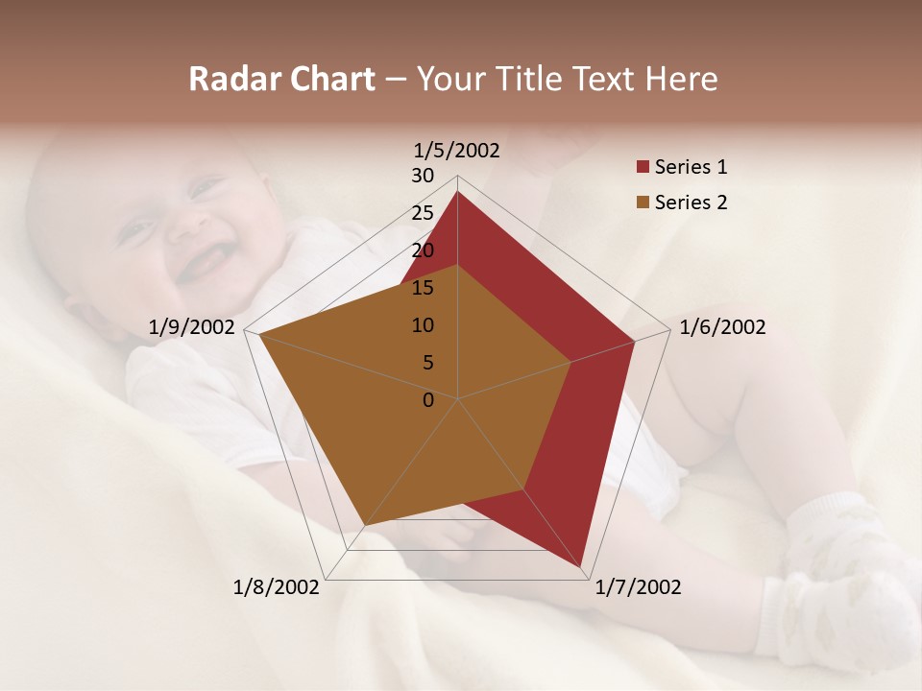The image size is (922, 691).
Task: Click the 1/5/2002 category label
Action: pos(457,150)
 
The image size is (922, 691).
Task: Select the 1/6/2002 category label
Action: pos(722,327)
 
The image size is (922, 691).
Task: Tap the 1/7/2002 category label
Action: pos(638,587)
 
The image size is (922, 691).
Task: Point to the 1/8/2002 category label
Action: pos(277,587)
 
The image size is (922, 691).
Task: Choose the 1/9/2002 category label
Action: pos(192,327)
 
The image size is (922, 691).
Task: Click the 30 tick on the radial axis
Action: pos(423,176)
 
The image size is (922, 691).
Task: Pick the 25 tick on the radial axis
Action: pos(423,213)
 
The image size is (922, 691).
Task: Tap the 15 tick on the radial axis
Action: pos(423,288)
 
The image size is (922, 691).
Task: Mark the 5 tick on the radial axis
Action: pos(428,363)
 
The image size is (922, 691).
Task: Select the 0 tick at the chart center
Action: pos(428,400)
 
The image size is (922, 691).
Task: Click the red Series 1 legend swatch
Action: pos(643,167)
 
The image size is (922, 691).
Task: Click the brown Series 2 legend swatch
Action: pos(643,203)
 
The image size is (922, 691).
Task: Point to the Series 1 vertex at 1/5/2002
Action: pos(457,191)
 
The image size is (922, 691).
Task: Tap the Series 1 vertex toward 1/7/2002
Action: pos(582,568)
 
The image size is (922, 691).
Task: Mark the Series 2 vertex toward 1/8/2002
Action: pos(363,526)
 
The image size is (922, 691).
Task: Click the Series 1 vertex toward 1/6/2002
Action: pos(634,341)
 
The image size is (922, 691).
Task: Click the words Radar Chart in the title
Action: pos(281,80)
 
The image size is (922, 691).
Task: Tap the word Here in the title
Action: pos(682,80)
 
